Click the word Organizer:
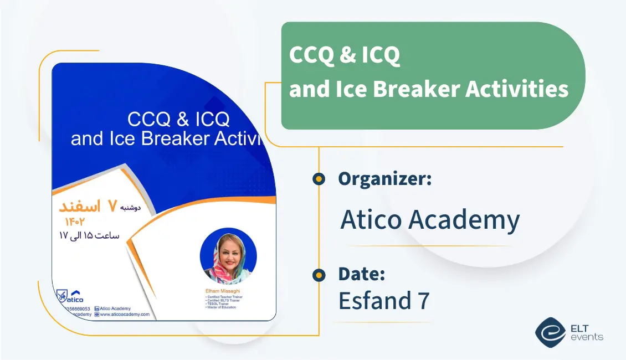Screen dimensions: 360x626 pos(384,179)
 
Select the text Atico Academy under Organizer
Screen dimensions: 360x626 pos(430,220)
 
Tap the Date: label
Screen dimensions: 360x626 pos(361,274)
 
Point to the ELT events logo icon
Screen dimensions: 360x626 pos(550,331)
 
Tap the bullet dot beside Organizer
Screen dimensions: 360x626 pos(319,179)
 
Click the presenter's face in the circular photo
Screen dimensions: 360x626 pos(228,255)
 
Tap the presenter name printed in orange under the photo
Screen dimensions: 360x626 pos(223,290)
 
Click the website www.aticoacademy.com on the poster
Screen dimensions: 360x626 pos(125,314)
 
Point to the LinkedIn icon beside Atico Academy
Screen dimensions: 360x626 pos(97,308)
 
